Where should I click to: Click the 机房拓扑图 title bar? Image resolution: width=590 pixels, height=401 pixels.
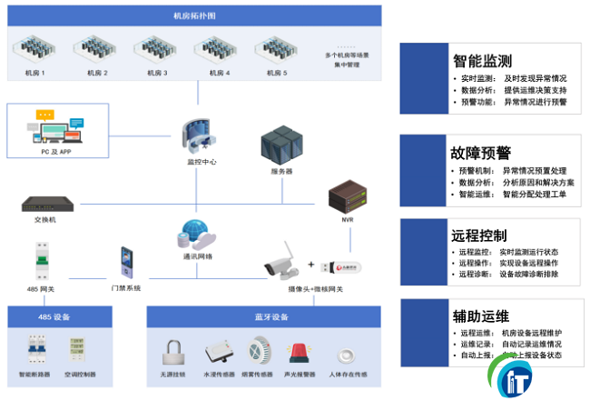pos(194,16)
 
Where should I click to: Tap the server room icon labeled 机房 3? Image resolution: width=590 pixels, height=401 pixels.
pos(153,50)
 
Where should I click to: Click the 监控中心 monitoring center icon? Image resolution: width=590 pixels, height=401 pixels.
pos(200,133)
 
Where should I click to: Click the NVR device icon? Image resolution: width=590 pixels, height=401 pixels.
pos(346,195)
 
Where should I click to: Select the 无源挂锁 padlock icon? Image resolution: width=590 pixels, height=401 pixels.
pos(174,353)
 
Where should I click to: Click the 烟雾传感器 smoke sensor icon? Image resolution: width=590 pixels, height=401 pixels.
pos(259,352)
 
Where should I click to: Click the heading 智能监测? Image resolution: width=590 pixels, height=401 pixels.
pos(482,61)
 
